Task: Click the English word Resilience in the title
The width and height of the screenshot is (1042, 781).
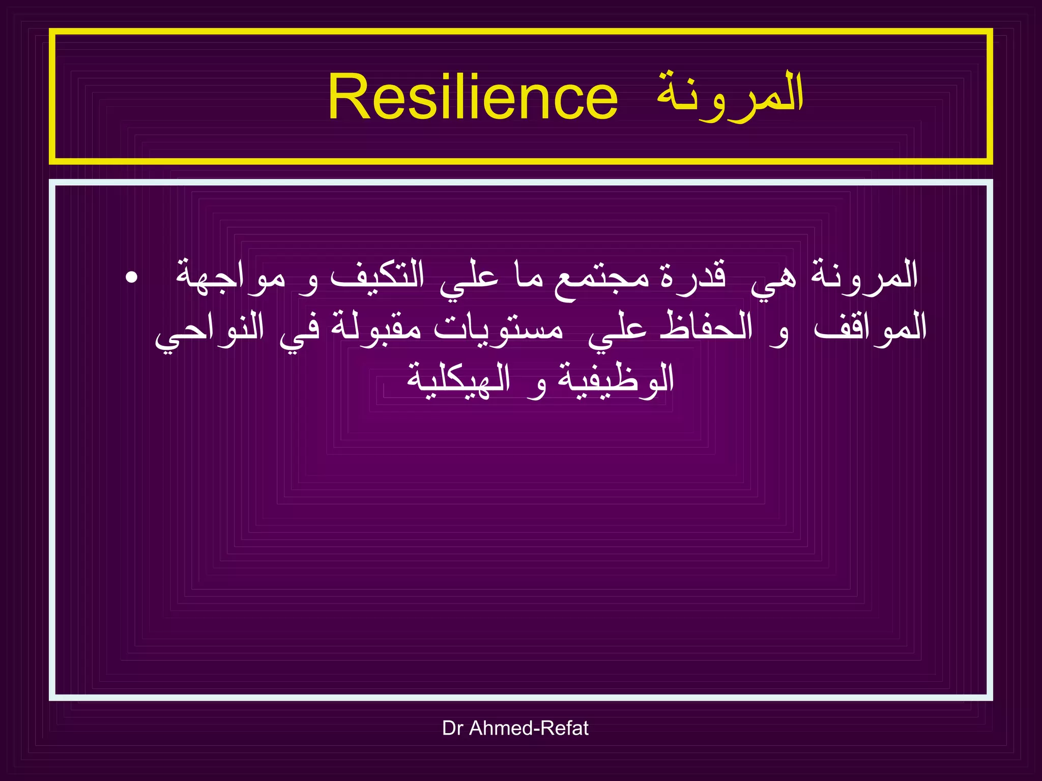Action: click(x=473, y=97)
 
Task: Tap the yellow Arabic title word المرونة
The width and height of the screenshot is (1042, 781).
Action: click(x=730, y=97)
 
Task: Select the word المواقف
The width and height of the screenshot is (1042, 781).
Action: click(x=870, y=328)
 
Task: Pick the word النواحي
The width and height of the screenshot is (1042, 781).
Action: click(x=209, y=331)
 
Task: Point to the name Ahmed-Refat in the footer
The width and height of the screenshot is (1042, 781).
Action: click(x=529, y=728)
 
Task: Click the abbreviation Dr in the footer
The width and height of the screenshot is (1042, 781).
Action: click(x=452, y=728)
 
